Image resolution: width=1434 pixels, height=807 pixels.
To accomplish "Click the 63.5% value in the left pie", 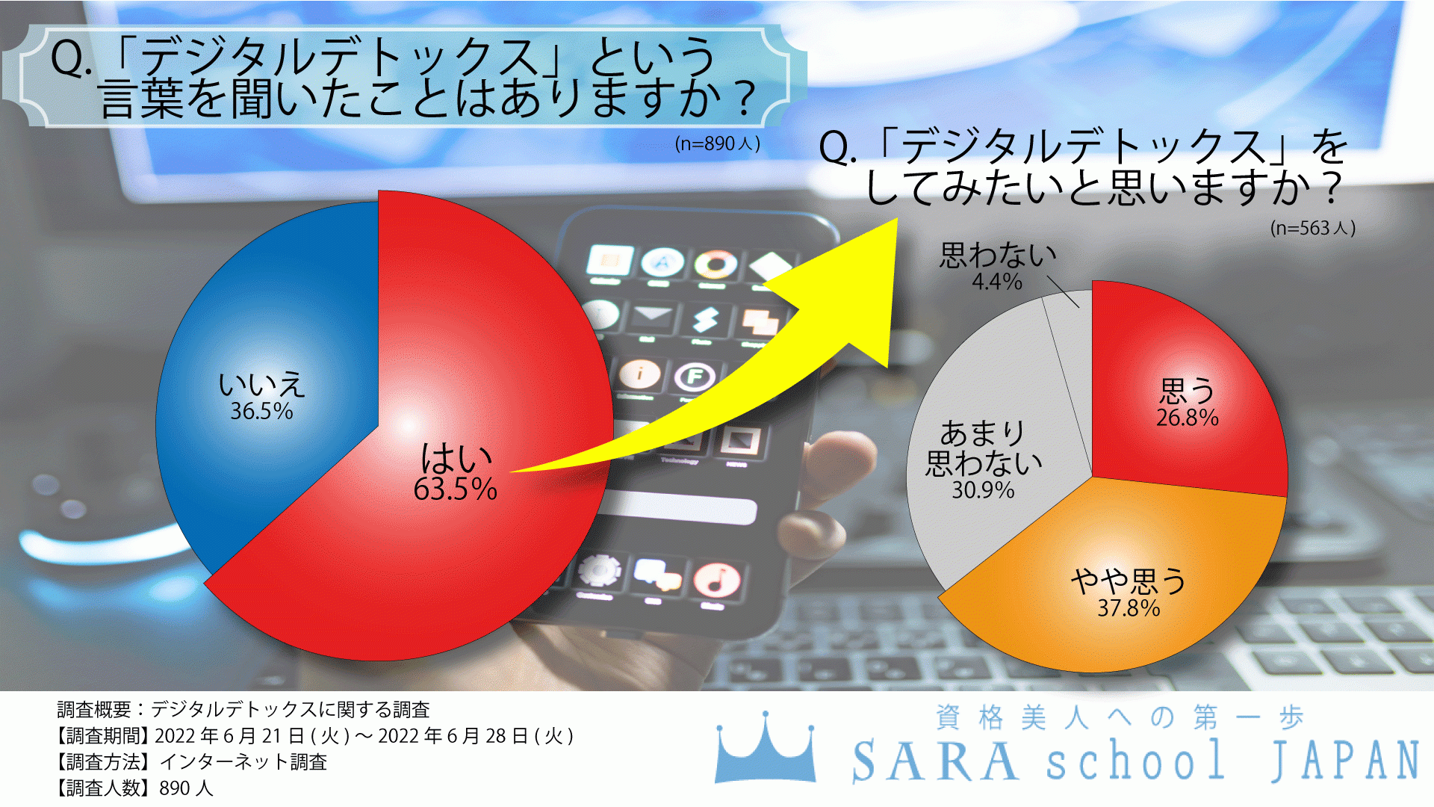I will [x=455, y=489].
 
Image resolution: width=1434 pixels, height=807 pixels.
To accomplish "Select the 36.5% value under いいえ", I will [x=261, y=411].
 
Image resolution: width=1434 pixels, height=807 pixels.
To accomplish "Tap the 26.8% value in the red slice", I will [x=1187, y=418].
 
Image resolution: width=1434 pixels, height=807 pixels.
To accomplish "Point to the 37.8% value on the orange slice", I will [x=1129, y=608].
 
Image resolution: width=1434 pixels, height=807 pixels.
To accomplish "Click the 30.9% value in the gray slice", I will [x=983, y=490].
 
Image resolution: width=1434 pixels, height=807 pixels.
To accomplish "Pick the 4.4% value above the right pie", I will [x=996, y=282].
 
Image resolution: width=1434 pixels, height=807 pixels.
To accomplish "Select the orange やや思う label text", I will [x=1128, y=580].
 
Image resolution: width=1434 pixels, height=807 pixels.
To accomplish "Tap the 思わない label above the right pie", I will [x=998, y=256].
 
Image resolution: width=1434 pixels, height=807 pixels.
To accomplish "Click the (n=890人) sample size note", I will [x=717, y=143].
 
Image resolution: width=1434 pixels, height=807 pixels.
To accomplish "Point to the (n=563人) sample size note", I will [x=1312, y=228].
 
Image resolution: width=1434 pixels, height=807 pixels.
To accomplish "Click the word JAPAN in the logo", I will [x=1345, y=761].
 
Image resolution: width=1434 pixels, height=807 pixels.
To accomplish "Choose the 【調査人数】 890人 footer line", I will [x=134, y=788].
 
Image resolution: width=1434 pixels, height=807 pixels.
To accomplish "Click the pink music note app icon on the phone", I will [x=716, y=581].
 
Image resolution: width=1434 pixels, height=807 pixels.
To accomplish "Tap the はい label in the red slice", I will [x=455, y=457].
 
